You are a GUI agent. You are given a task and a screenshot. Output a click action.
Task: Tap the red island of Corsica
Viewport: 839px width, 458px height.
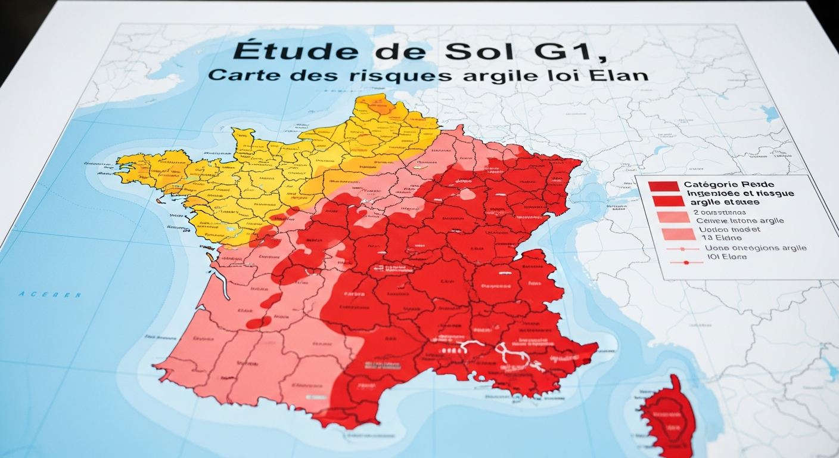tap(670, 417)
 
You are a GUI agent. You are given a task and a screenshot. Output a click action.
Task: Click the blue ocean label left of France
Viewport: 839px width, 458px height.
tap(49, 295)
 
